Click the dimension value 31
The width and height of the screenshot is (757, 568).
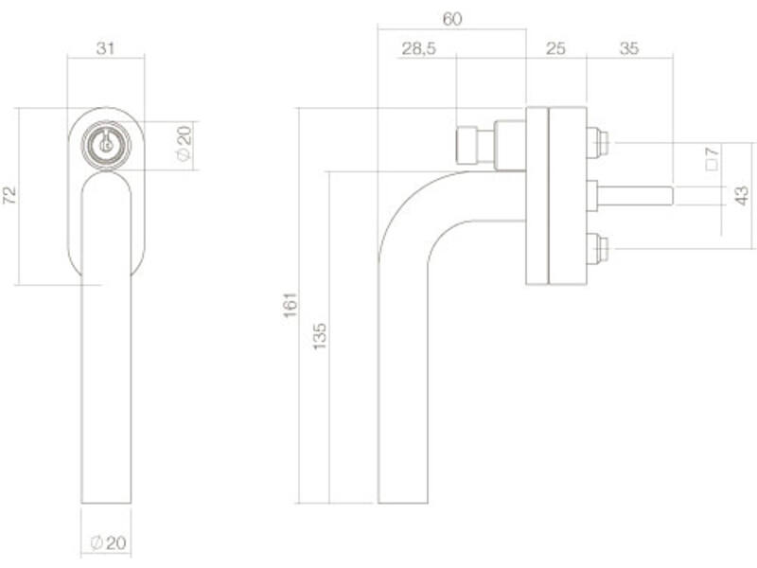click(x=105, y=48)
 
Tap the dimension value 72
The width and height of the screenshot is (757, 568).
click(x=9, y=195)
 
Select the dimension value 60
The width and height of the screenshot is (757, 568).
click(x=452, y=19)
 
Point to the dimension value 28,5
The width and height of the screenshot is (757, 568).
click(x=418, y=48)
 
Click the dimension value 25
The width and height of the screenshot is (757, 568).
click(x=555, y=48)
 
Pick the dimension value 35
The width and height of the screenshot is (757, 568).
click(x=629, y=48)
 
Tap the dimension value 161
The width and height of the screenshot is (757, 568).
click(x=290, y=305)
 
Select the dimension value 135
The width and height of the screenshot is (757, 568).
click(x=320, y=336)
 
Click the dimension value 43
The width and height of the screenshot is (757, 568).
click(x=742, y=195)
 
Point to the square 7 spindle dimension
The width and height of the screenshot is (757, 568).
click(x=712, y=159)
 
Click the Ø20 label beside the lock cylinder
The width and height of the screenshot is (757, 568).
click(x=185, y=144)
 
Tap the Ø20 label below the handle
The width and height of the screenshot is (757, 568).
click(x=109, y=542)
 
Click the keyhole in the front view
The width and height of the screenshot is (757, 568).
click(x=105, y=143)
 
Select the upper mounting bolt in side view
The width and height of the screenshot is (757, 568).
click(x=598, y=143)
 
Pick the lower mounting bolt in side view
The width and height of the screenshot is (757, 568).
click(x=598, y=248)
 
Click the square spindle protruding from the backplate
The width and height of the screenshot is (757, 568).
click(x=635, y=196)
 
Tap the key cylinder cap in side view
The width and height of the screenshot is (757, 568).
click(x=467, y=145)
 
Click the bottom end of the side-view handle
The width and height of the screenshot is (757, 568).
click(x=403, y=503)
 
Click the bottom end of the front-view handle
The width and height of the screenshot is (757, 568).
click(x=106, y=503)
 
